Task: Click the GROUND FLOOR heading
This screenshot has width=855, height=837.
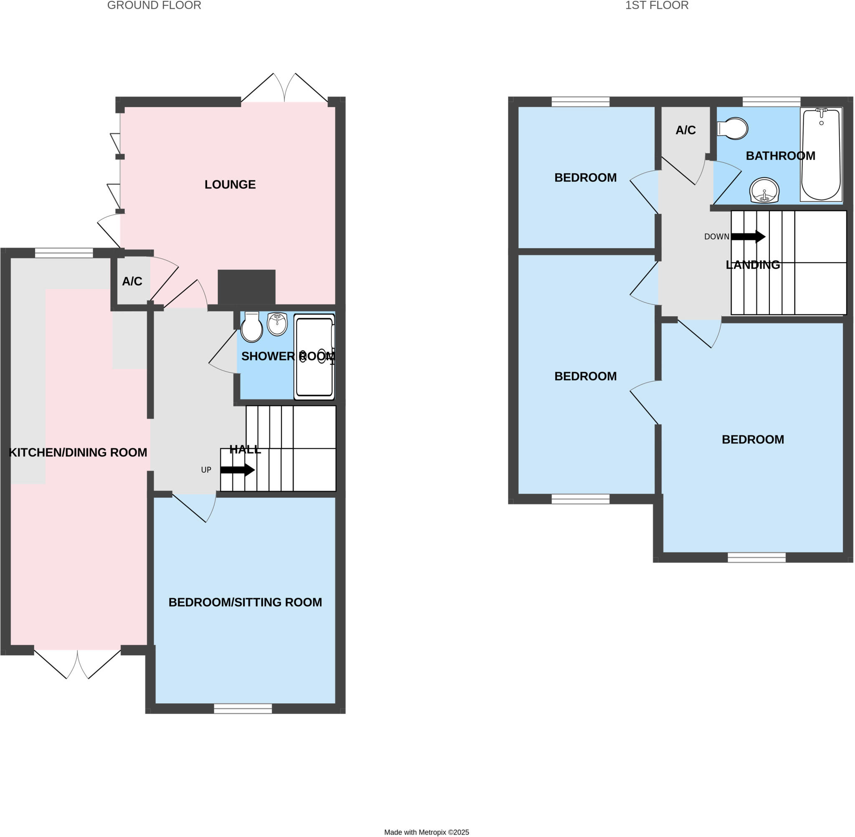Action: click(154, 6)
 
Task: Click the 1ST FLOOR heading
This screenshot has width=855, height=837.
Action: click(656, 6)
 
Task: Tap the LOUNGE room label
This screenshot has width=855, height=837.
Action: click(230, 184)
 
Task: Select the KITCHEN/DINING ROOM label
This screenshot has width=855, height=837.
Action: click(78, 452)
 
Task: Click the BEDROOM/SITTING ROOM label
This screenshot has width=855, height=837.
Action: click(245, 602)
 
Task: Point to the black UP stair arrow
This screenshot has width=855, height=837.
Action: click(237, 469)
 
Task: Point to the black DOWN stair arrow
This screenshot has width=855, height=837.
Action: click(748, 236)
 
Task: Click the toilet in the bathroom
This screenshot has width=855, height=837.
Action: click(733, 128)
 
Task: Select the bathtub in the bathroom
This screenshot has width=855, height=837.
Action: click(821, 155)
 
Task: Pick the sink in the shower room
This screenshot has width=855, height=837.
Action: click(277, 324)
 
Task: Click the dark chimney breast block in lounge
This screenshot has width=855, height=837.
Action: click(246, 287)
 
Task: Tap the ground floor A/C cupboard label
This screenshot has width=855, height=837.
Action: click(132, 282)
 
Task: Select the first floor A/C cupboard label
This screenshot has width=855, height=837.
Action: click(686, 130)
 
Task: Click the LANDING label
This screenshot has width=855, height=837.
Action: click(753, 265)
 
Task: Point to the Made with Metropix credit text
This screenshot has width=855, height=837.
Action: click(426, 832)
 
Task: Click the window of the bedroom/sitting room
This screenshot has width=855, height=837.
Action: click(243, 708)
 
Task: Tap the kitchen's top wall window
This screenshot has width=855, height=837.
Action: click(64, 253)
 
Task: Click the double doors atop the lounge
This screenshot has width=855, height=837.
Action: click(284, 88)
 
